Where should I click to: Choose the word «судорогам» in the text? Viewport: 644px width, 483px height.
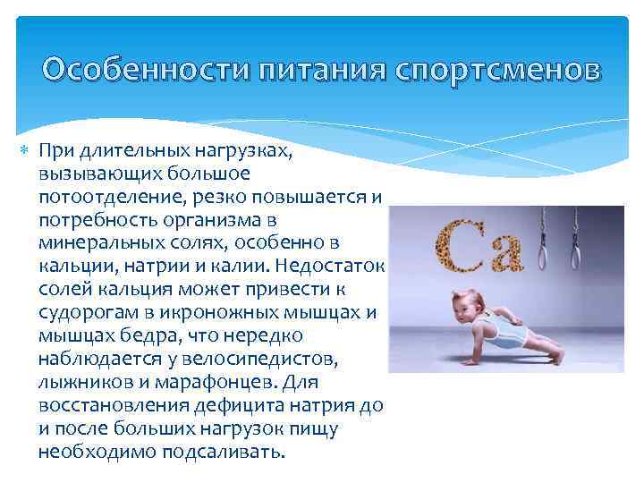pyautogui.click(x=84, y=312)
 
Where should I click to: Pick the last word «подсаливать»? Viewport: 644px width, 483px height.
pyautogui.click(x=224, y=452)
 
